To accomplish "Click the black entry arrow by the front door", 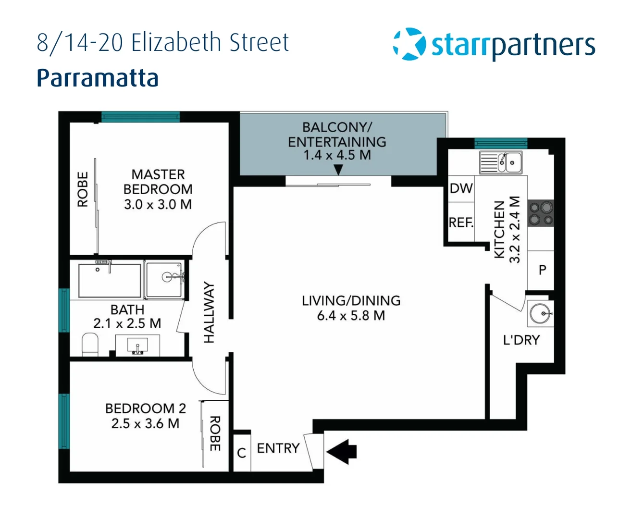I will click(x=342, y=451).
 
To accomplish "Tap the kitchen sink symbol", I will click(x=501, y=162).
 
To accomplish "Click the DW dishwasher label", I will click(x=461, y=188).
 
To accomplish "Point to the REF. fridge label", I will click(x=461, y=222).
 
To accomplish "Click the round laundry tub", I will click(x=540, y=314).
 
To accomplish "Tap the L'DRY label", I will click(x=521, y=340).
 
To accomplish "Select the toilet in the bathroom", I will click(x=90, y=345).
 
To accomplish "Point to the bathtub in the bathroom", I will click(x=110, y=280).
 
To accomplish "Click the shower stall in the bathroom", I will click(x=164, y=280).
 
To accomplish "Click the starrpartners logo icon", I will click(x=409, y=44).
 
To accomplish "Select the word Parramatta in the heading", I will click(x=98, y=78).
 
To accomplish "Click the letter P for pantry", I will click(x=542, y=270).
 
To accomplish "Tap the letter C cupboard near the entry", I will click(x=242, y=453).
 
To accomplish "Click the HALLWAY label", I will click(x=209, y=312).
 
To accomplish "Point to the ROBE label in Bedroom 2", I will click(x=215, y=434).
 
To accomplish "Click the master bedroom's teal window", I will click(x=140, y=116).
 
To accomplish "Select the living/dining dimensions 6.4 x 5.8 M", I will click(x=351, y=316).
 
